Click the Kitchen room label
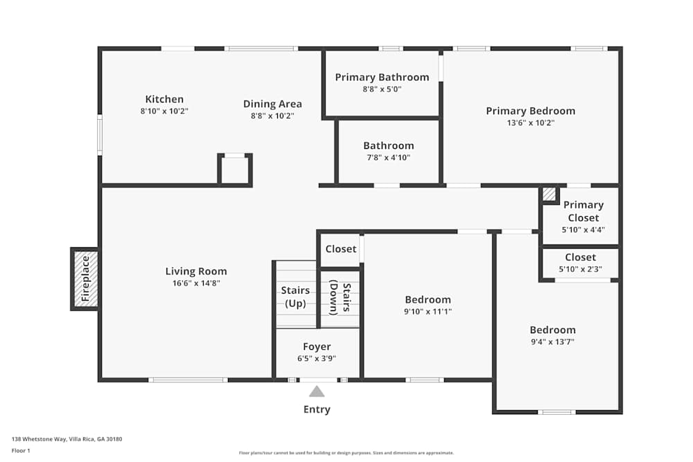coord(164,99)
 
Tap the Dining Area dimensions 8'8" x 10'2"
coord(272,116)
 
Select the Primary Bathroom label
coord(382,77)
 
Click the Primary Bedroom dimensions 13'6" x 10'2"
coord(530,123)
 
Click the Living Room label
coord(195,271)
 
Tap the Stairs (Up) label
coord(295,296)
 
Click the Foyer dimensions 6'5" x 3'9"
coord(317,358)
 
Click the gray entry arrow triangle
coord(317,391)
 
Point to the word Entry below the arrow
coord(317,409)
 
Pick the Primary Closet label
coord(583,211)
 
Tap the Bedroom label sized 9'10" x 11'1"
coord(428,299)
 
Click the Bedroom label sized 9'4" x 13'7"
coord(552,330)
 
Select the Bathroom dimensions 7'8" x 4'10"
coord(388,157)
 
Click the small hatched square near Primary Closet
coord(549,194)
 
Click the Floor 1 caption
coord(21,450)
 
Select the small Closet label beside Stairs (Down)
coord(340,249)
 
